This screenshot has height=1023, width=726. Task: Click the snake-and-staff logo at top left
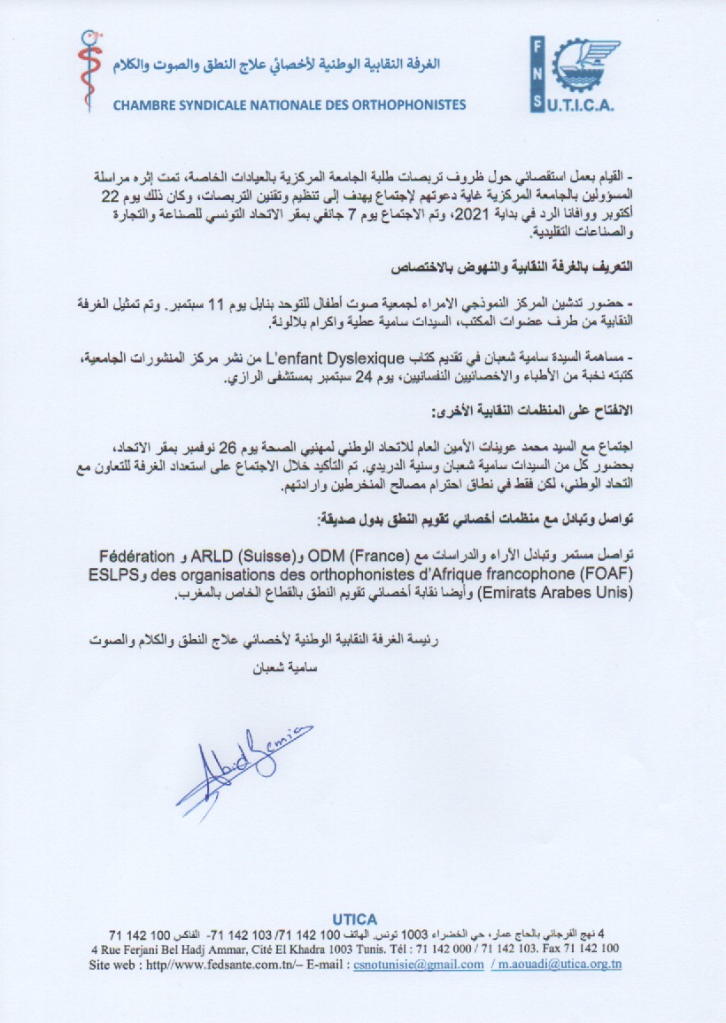pyautogui.click(x=88, y=71)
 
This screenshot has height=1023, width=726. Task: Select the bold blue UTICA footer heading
pyautogui.click(x=354, y=919)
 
